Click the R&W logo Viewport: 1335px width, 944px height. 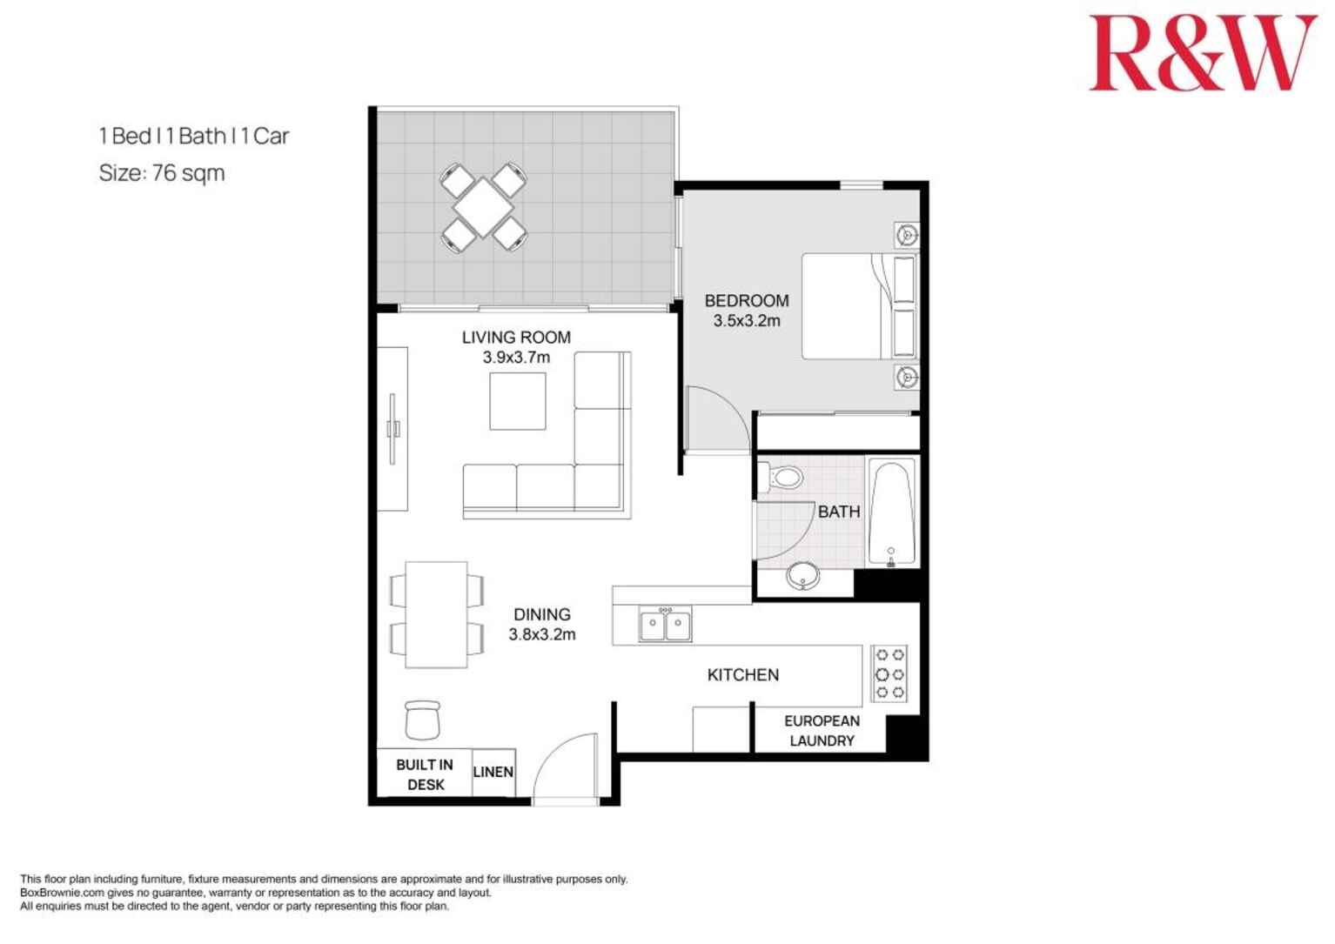[1203, 53]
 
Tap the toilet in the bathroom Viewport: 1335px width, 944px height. [783, 478]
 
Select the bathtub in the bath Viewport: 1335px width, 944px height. [892, 513]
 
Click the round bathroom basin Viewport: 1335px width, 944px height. [802, 575]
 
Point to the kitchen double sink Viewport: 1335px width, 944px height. [666, 625]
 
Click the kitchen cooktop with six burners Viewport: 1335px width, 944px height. [890, 673]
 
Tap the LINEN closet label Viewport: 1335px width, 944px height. [493, 772]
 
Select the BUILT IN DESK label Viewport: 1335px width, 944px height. [425, 774]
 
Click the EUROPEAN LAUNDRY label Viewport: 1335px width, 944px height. [822, 731]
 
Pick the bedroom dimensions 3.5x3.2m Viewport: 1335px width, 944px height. [747, 321]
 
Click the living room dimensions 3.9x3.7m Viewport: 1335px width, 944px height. [516, 358]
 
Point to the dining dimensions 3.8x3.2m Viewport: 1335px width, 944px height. [541, 635]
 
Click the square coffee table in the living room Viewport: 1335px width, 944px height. [518, 401]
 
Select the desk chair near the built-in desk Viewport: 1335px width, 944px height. [422, 720]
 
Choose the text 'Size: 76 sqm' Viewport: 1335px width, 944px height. [162, 173]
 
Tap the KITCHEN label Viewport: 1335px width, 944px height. [742, 675]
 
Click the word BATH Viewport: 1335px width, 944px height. [839, 512]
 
